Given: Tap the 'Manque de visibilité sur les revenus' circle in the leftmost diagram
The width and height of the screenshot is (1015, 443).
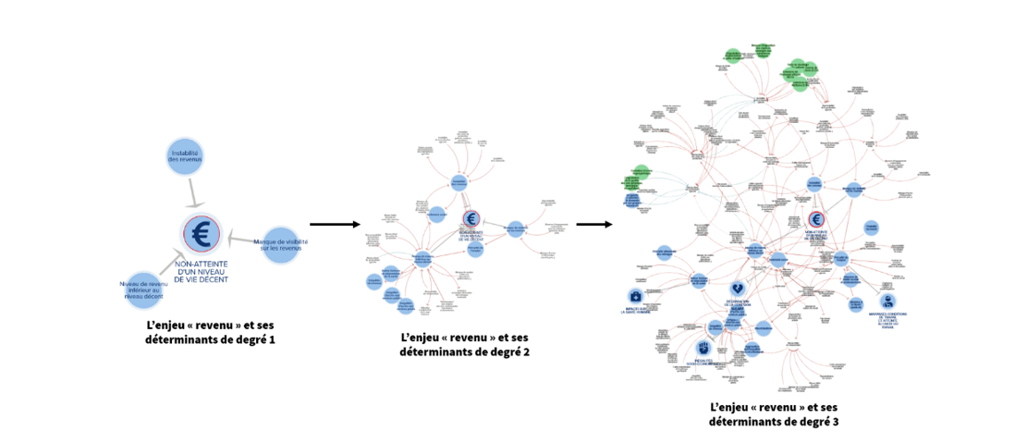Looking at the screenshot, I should pyautogui.click(x=280, y=244).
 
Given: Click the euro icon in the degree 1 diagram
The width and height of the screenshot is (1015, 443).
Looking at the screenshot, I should pyautogui.click(x=201, y=235).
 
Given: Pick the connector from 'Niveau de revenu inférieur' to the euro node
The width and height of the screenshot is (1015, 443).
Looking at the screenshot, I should pyautogui.click(x=171, y=262).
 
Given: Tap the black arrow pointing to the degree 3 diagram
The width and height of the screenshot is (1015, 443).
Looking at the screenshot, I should pyautogui.click(x=593, y=224).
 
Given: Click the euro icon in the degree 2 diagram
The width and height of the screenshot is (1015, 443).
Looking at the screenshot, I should pyautogui.click(x=471, y=218).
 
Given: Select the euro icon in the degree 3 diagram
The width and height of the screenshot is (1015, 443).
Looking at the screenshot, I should pyautogui.click(x=815, y=218).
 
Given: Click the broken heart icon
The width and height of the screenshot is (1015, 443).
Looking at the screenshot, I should pyautogui.click(x=737, y=289).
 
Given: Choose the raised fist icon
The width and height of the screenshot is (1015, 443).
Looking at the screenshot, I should pyautogui.click(x=703, y=349).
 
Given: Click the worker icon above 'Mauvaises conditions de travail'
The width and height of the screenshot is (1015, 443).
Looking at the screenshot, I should pyautogui.click(x=888, y=301).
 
